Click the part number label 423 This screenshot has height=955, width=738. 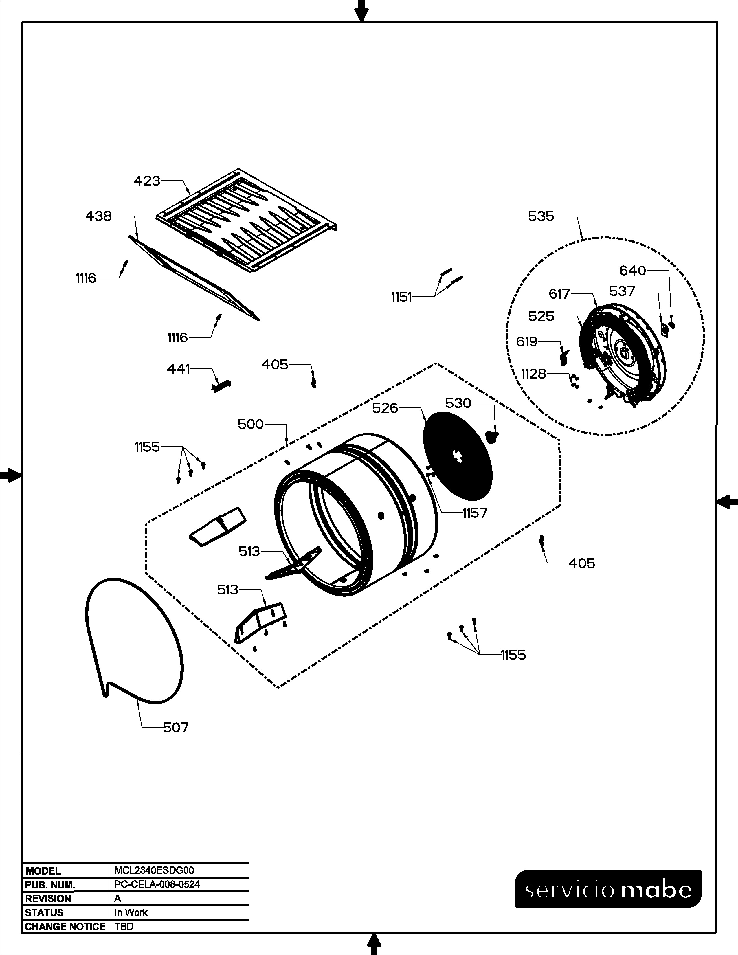147,181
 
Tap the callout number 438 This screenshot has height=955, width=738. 98,216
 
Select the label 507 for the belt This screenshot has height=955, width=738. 176,728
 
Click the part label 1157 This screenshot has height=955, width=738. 475,513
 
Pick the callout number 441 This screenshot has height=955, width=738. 178,370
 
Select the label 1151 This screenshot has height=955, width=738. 401,297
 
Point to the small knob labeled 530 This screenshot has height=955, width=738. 492,436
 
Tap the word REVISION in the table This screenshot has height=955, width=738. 48,899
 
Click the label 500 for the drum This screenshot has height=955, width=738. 251,424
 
